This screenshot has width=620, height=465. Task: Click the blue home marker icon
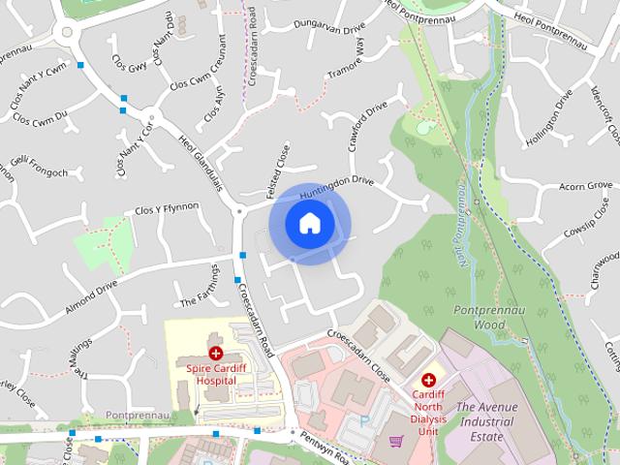(x=309, y=224)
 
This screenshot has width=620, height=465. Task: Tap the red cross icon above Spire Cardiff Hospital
(x=215, y=355)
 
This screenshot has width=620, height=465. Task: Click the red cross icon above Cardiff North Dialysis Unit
(x=428, y=381)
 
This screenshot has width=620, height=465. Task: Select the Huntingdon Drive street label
(x=336, y=187)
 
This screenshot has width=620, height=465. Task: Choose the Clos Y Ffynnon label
(x=167, y=207)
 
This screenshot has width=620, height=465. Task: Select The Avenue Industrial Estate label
(x=480, y=422)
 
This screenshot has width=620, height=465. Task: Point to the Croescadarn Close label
(x=357, y=354)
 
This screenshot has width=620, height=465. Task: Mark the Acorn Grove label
(x=587, y=185)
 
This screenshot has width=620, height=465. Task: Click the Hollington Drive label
(x=549, y=118)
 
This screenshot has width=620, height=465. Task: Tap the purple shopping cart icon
(x=396, y=442)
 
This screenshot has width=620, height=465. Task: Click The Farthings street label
(x=200, y=287)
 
